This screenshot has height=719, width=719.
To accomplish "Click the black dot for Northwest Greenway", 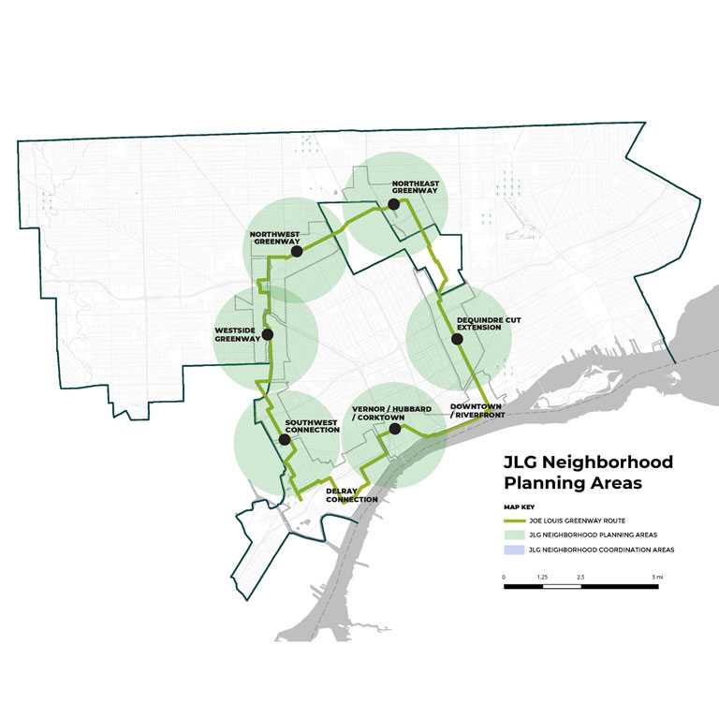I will tap(296, 251).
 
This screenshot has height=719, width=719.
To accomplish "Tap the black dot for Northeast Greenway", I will tap(394, 204).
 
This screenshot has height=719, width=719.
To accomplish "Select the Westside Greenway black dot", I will tap(268, 334).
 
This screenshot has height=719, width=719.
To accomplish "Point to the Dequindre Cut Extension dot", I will tap(458, 339).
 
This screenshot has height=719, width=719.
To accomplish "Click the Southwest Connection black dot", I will tap(285, 438).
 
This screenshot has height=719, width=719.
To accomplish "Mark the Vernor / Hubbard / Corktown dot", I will tap(394, 429).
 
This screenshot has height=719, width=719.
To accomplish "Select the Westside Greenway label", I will tap(238, 334).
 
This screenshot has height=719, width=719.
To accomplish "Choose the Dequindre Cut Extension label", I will tap(489, 324).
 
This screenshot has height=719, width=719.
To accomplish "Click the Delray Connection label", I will tap(351, 495).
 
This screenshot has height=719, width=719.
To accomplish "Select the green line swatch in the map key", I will tap(514, 519).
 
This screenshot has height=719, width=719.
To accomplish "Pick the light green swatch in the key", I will tap(514, 534).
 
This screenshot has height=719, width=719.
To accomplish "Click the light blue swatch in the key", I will tap(514, 550).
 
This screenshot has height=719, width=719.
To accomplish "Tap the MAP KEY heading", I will tap(517, 506).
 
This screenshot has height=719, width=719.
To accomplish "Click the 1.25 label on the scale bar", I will tap(542, 577).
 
